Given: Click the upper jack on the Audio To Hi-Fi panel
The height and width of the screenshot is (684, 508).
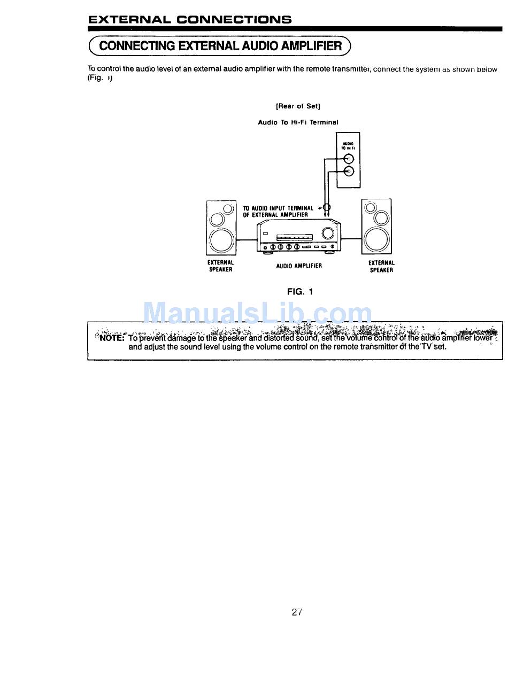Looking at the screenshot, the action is click(x=349, y=159).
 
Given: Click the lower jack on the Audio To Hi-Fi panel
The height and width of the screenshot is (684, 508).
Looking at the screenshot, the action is click(x=349, y=171).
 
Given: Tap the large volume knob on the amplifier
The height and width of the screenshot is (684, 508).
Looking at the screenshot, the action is click(x=328, y=233).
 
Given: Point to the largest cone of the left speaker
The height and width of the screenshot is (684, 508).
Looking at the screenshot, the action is click(x=221, y=241).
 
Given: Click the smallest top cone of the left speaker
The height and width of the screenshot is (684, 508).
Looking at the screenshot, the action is click(x=228, y=209).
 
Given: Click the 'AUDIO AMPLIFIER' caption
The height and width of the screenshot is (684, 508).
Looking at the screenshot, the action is click(x=299, y=266).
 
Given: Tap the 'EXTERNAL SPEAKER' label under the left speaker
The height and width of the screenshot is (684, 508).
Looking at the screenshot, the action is click(x=220, y=266).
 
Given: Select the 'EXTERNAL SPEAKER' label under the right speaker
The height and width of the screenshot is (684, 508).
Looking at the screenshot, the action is click(x=381, y=266).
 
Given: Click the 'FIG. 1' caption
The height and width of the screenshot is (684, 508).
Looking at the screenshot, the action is click(x=299, y=292).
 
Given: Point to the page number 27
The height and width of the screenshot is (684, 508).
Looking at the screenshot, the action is click(x=297, y=612).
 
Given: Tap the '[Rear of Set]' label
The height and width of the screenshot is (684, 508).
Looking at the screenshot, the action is click(x=298, y=106).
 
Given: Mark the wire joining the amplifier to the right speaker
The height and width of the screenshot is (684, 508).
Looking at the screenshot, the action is click(x=351, y=238).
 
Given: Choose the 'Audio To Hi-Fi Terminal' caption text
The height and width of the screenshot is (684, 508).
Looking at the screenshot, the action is click(x=298, y=122).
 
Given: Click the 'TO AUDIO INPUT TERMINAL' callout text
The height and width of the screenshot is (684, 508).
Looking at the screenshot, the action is click(x=278, y=208).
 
